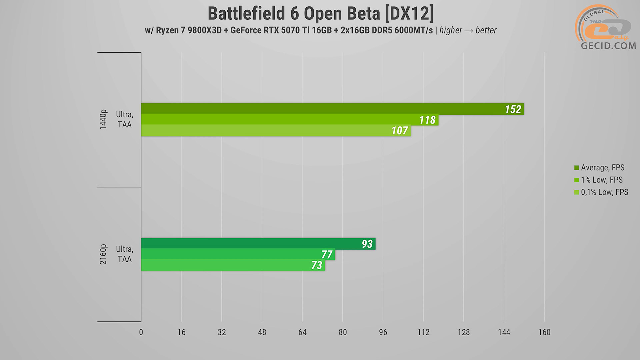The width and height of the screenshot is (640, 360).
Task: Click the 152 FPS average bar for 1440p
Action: [x=332, y=109]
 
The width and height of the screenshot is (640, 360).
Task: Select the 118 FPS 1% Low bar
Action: [x=289, y=119]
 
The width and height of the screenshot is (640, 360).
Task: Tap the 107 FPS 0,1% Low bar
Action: [x=276, y=130]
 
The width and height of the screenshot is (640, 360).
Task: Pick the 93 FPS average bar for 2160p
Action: [x=258, y=243]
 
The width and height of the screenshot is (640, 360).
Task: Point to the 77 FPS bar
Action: [x=238, y=254]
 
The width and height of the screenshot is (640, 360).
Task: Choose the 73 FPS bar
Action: [x=233, y=265]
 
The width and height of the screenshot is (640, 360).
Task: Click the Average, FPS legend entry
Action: [x=602, y=168]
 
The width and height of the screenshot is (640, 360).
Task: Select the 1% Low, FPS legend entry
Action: [x=601, y=180]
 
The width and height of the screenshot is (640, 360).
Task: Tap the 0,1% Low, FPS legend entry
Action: [x=604, y=192]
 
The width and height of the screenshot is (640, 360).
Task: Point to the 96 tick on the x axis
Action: [x=383, y=332]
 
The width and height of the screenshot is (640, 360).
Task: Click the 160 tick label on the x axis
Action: [x=544, y=332]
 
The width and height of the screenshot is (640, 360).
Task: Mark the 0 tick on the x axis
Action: [x=141, y=332]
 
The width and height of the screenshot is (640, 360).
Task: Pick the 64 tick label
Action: [x=302, y=332]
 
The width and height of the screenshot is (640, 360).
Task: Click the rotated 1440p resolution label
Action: [x=103, y=119]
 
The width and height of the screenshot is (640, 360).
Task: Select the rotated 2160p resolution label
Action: [x=103, y=254]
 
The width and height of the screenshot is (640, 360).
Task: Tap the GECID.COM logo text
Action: [x=608, y=46]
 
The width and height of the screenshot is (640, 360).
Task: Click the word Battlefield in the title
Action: [x=246, y=14]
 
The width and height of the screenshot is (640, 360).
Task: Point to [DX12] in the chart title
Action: [x=409, y=14]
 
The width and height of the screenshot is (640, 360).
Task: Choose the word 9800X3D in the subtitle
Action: [x=204, y=30]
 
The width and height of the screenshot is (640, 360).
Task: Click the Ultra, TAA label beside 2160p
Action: [x=124, y=254]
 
